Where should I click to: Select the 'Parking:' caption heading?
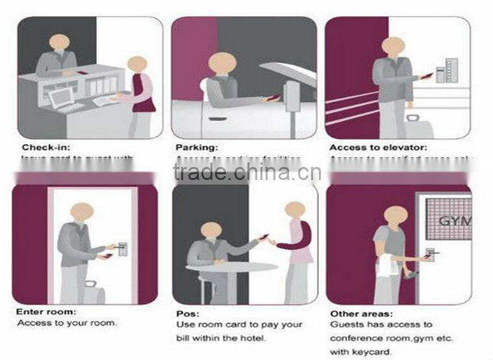coord(197,148)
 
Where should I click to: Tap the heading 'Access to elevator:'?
coord(377,148)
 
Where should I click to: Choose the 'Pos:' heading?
coord(188,313)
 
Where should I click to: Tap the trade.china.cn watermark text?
coord(246,172)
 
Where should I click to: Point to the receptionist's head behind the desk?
coord(59,43)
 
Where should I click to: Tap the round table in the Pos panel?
coord(231,266)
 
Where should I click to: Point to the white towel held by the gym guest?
coord(387,264)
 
